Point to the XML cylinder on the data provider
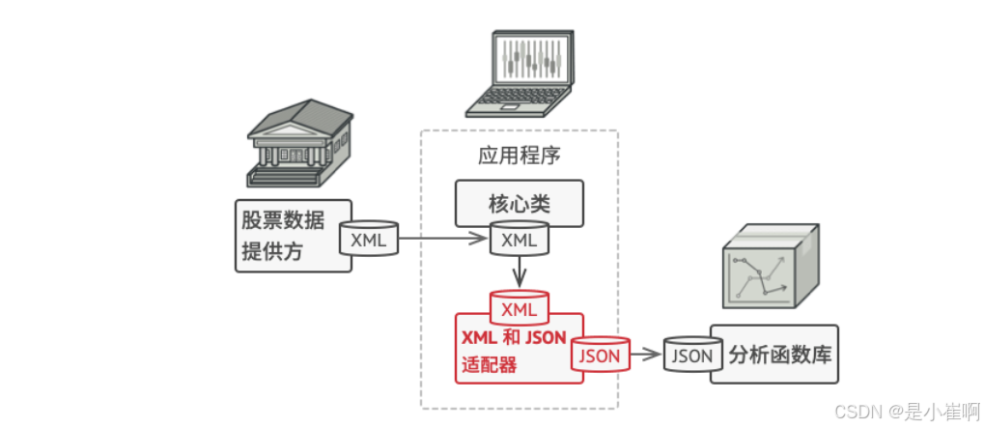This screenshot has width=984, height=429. [x=369, y=239]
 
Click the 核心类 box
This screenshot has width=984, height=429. [x=520, y=204]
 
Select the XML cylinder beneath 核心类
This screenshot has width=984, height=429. [x=520, y=239]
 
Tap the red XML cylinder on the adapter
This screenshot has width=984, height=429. [x=520, y=308]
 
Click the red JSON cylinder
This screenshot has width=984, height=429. [x=600, y=355]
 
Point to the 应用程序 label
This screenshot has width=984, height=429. [x=520, y=155]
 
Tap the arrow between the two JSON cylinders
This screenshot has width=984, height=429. [x=646, y=355]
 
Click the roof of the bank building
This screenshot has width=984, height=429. [x=291, y=119]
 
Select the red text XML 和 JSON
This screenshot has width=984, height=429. [x=513, y=338]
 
